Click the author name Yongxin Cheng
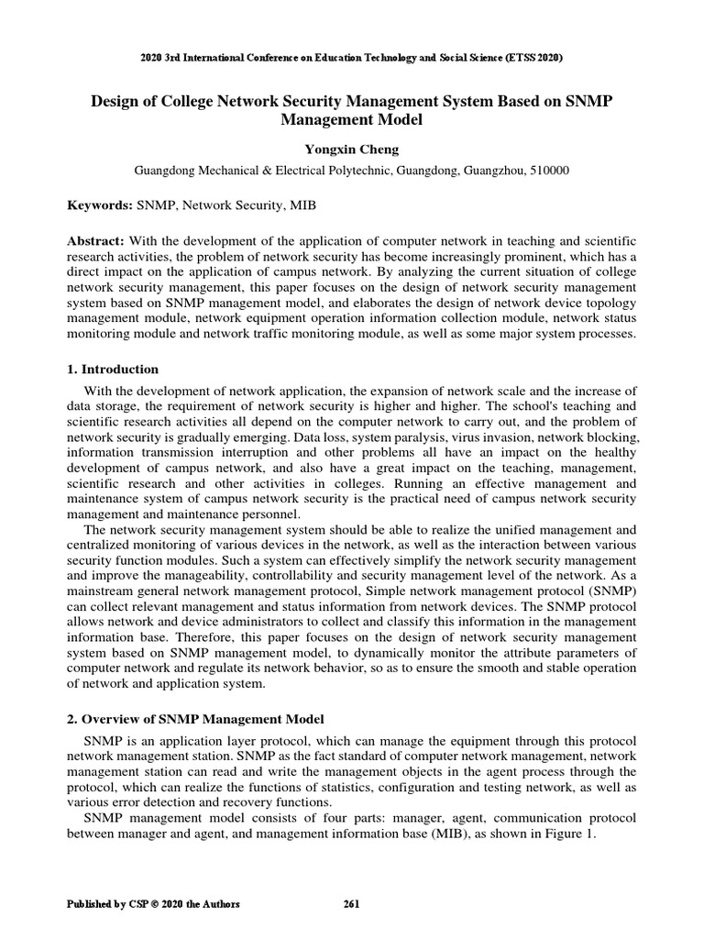(351, 148)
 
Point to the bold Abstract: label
(98, 239)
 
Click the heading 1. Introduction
(113, 370)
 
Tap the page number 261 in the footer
(351, 904)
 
